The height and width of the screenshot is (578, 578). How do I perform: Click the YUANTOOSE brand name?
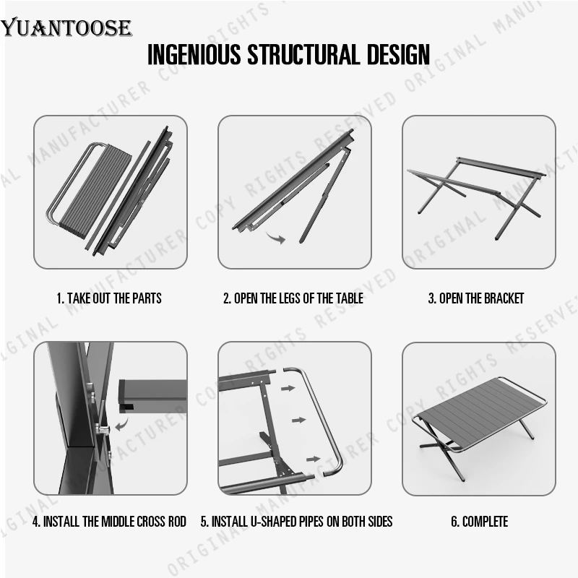[66, 28]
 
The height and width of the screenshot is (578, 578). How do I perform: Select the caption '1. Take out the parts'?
[109, 298]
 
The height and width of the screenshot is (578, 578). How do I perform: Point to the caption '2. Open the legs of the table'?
[293, 298]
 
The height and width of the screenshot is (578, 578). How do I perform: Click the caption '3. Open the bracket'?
[476, 298]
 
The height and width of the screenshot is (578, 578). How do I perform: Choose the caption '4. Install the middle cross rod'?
[109, 521]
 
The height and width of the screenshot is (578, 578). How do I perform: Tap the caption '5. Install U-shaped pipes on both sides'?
[296, 521]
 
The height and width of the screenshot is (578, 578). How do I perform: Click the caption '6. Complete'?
[480, 521]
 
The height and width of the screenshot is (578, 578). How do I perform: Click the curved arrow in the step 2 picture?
[275, 237]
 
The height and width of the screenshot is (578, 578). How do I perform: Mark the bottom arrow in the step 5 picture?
[313, 458]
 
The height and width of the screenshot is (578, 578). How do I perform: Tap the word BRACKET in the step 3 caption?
[501, 298]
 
